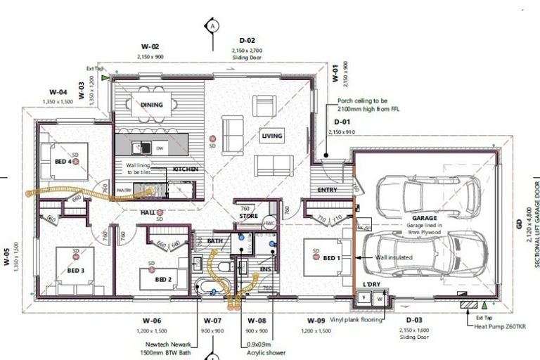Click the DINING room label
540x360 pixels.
(x=151, y=105)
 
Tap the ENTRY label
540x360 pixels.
(x=327, y=190)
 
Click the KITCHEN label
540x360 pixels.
(x=185, y=169)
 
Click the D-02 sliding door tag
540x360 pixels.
(x=247, y=41)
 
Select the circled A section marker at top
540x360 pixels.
(x=211, y=26)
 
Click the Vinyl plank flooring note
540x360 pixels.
(x=353, y=319)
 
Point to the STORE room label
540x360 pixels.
(x=248, y=216)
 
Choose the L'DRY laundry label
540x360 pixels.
(x=371, y=283)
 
